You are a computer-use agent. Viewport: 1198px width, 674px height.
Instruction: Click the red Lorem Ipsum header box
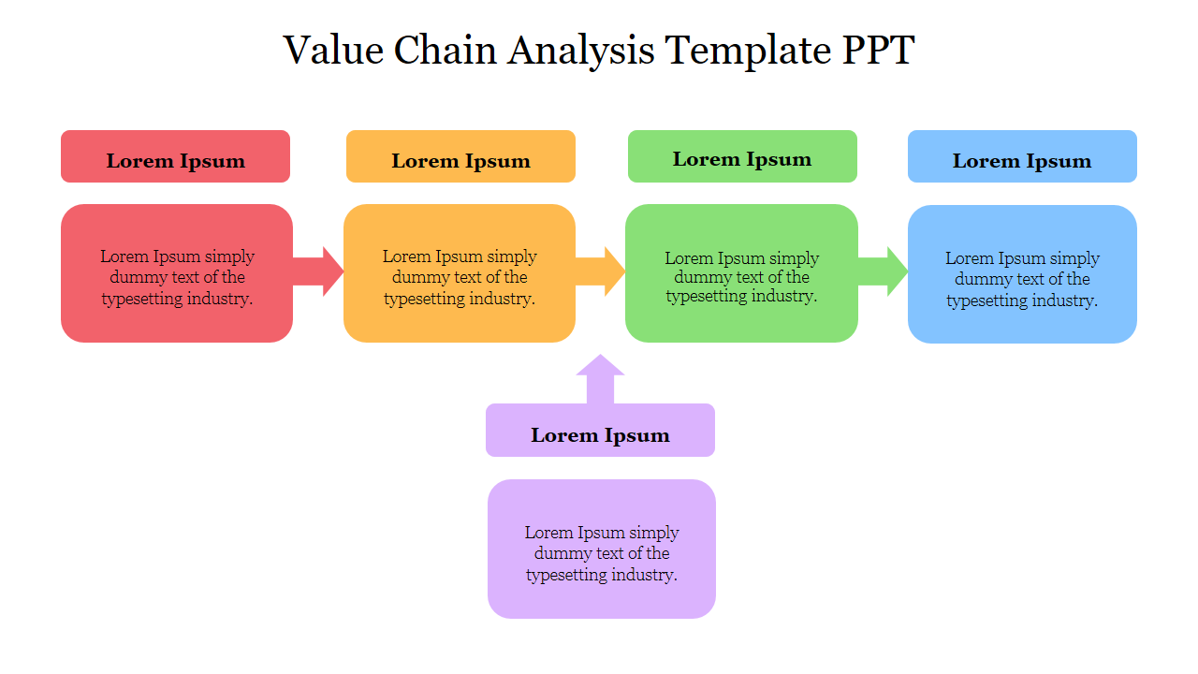[175, 156]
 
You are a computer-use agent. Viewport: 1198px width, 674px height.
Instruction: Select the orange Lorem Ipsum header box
[460, 156]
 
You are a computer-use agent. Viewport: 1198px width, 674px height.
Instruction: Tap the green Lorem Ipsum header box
[742, 156]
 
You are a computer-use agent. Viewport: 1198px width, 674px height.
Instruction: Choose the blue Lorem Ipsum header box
[1022, 156]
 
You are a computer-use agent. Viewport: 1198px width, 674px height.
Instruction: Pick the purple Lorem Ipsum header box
[600, 431]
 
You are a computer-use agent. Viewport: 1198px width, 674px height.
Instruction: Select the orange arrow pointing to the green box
[602, 271]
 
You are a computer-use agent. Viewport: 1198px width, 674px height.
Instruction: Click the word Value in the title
[333, 51]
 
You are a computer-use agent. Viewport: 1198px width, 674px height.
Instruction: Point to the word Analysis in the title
[581, 51]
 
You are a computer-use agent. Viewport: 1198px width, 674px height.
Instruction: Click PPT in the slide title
[879, 51]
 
